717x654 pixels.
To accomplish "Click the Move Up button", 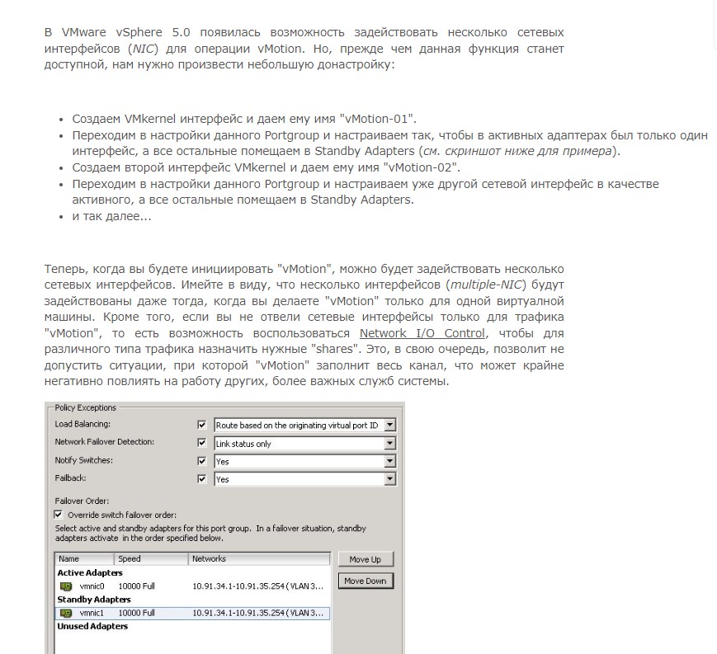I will tap(366, 559).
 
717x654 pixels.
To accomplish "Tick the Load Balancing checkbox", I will tap(201, 425).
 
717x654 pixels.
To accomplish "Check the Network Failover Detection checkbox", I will tap(201, 443).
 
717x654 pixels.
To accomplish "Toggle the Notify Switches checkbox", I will tap(201, 461).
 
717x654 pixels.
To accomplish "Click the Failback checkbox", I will tap(201, 479).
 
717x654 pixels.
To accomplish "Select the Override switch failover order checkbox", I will tap(59, 515).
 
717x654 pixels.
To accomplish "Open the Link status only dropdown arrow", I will tap(390, 444).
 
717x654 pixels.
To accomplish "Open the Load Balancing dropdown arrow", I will tap(390, 426).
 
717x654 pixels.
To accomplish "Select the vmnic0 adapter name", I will tap(92, 586).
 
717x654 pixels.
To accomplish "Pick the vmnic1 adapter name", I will tap(92, 614).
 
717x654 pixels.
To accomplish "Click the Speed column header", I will tap(130, 559).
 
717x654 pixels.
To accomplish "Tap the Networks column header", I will tap(209, 559).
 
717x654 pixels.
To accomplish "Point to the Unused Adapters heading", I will tap(92, 627).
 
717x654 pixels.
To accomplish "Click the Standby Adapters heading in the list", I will tap(94, 600).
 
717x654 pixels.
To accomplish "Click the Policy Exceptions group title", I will tap(85, 407).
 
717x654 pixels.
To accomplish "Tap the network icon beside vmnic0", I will tap(67, 586).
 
